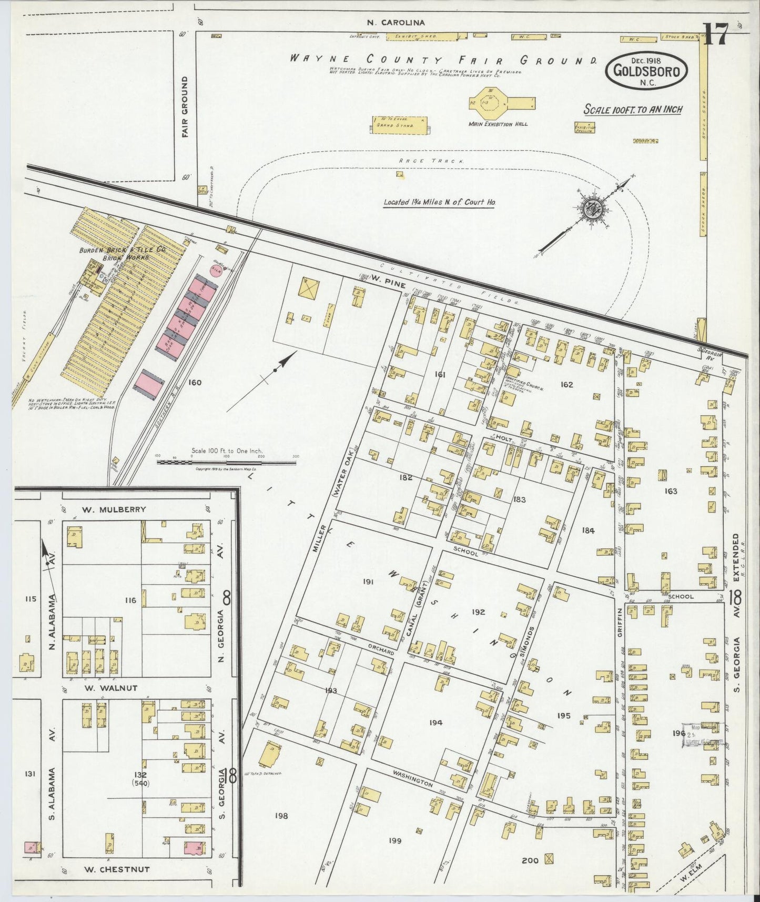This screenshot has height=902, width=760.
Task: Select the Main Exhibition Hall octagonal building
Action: pyautogui.click(x=488, y=102)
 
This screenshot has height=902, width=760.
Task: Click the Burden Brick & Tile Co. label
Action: pyautogui.click(x=123, y=250)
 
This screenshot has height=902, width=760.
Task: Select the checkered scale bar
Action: pyautogui.click(x=226, y=462)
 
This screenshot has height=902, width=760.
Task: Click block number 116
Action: pyautogui.click(x=130, y=600)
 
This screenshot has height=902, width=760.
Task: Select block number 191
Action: pyautogui.click(x=368, y=582)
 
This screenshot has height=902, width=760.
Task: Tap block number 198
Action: pyautogui.click(x=281, y=816)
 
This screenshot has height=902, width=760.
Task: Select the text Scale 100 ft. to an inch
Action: pyautogui.click(x=633, y=109)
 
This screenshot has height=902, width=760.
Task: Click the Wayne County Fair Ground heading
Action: pyautogui.click(x=443, y=59)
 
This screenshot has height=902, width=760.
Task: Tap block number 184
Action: pyautogui.click(x=588, y=530)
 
